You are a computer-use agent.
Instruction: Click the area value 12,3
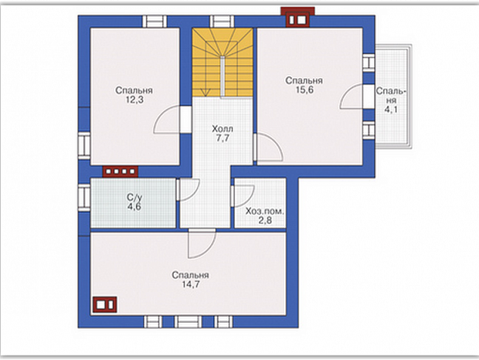pos(134,100)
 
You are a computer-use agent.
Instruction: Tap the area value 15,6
pos(304,89)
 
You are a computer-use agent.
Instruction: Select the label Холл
pos(222,129)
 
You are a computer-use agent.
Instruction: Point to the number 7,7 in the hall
pos(223,138)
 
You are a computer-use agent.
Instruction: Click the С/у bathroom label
pos(134,197)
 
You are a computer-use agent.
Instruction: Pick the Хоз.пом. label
pos(265,211)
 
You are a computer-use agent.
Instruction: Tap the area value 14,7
pos(191,284)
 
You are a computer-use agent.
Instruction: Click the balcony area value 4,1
pos(391,110)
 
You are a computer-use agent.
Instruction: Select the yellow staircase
pos(222,63)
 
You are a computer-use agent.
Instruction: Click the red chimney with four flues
pos(120,172)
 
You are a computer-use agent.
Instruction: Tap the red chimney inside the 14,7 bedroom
pos(105,304)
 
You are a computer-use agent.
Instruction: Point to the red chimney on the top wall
pos(298,17)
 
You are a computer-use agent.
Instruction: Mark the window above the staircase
pos(222,22)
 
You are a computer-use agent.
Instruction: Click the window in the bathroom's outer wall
pos(84,197)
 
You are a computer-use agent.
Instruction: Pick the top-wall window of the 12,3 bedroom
pos(155,22)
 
